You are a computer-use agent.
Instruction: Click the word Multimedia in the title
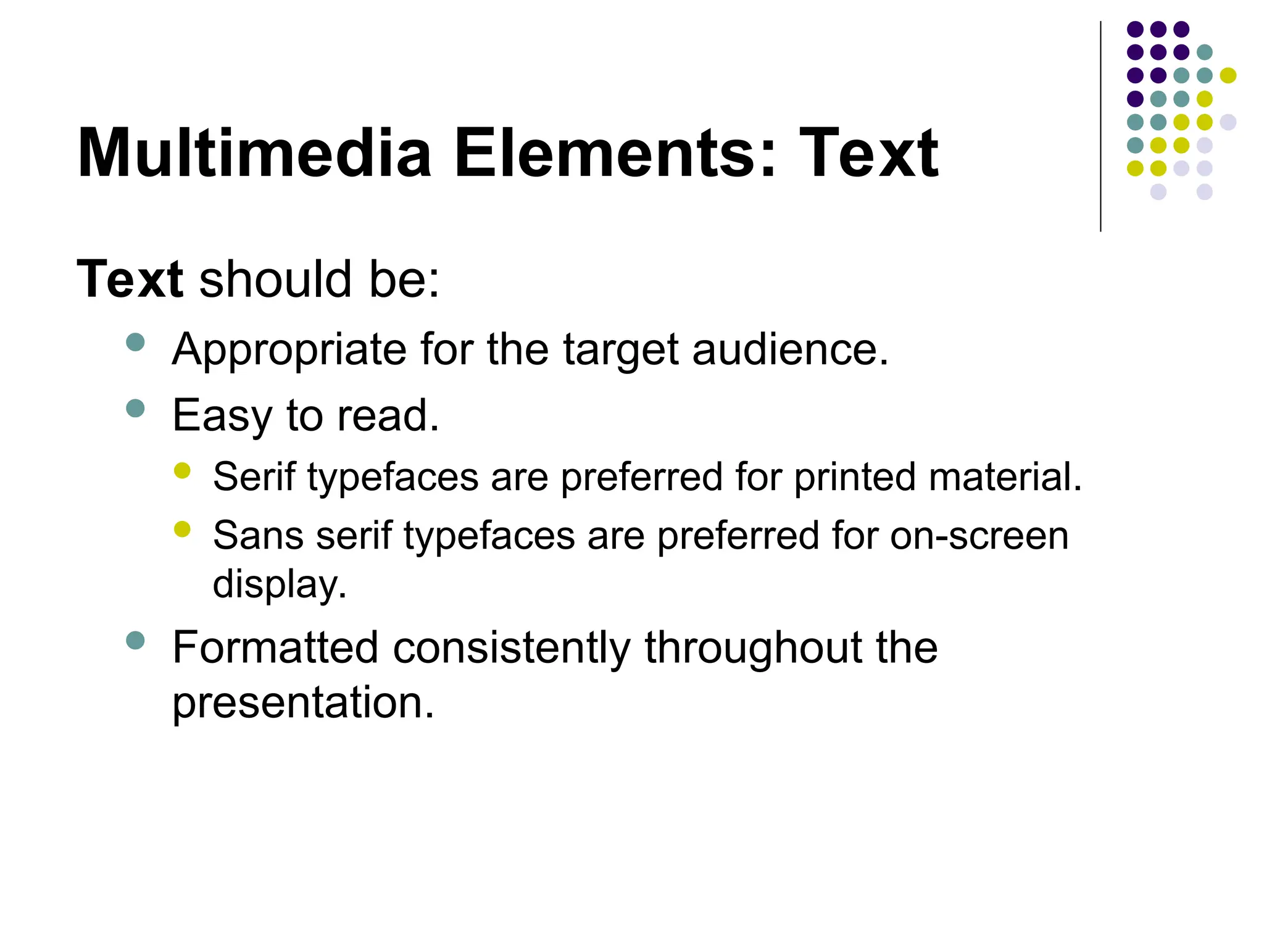(x=254, y=153)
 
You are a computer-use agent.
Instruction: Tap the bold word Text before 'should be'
(x=130, y=279)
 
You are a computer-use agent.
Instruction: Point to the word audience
(x=790, y=349)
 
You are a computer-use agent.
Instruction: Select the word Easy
(x=222, y=416)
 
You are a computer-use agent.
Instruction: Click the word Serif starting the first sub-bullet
(x=254, y=477)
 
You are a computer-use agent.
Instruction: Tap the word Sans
(x=258, y=535)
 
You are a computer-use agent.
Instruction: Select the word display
(x=280, y=584)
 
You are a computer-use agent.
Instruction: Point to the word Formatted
(x=275, y=647)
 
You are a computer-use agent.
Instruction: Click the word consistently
(x=512, y=649)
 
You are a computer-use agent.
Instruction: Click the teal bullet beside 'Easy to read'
(x=135, y=408)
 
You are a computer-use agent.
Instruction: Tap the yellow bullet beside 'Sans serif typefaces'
(x=182, y=529)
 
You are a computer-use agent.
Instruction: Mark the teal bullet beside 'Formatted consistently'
(x=135, y=640)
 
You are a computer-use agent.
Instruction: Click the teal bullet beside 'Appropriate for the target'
(x=135, y=342)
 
